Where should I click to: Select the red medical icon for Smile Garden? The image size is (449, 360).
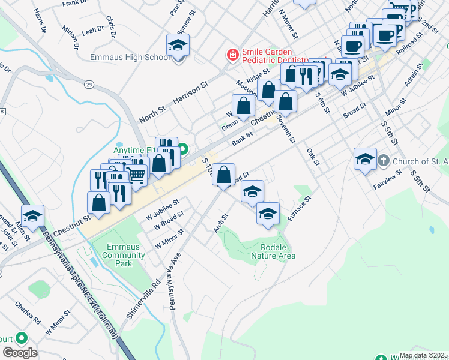[x=232, y=55]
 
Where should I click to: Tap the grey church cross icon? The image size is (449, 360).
[x=384, y=161]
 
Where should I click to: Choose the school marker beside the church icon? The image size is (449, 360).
[x=365, y=159]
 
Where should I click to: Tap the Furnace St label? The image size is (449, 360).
[x=299, y=208]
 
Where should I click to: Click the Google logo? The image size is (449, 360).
[x=19, y=353]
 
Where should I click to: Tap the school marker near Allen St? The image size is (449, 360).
[x=32, y=216]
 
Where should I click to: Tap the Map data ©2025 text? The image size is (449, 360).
[x=423, y=355]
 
